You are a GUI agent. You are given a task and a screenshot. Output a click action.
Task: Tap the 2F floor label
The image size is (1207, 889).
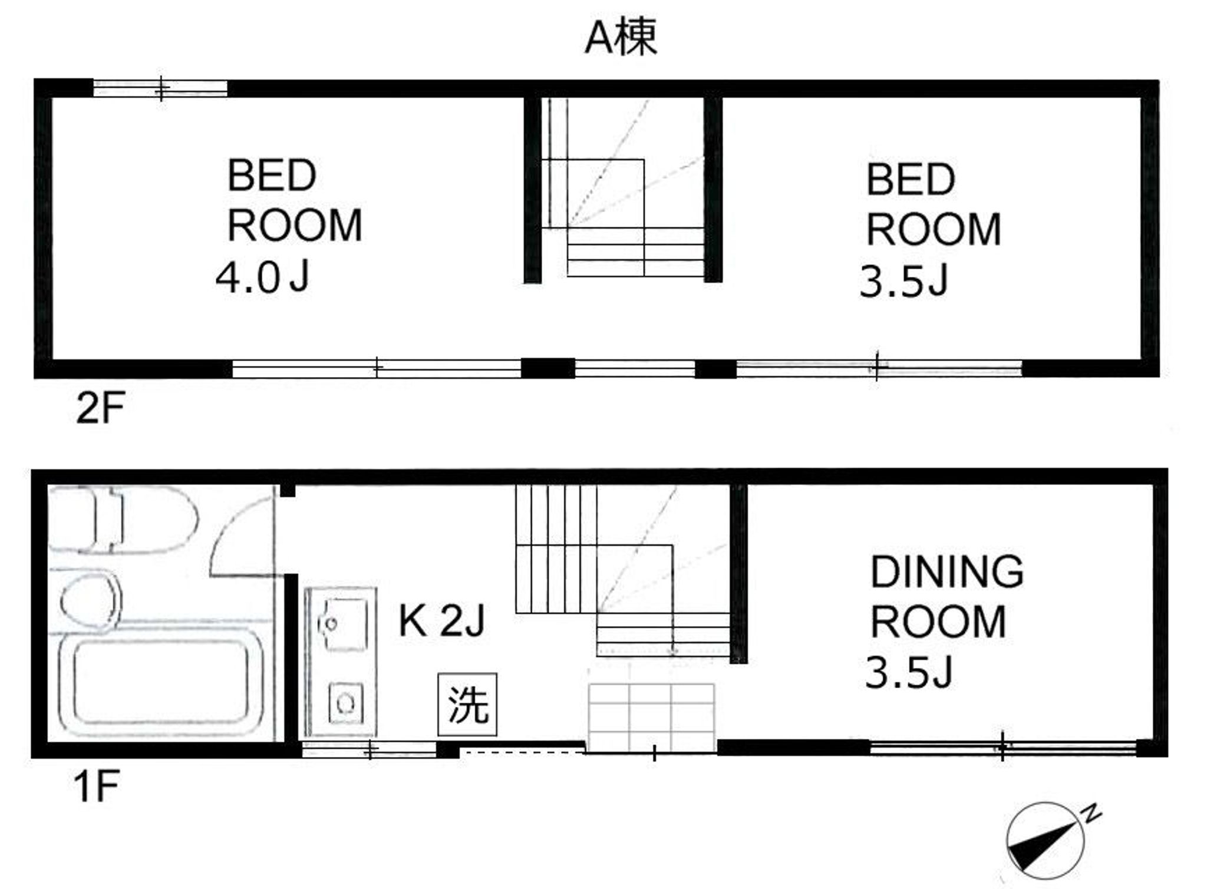(100, 408)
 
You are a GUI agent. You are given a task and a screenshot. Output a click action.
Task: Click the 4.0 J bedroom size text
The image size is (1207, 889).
(262, 278)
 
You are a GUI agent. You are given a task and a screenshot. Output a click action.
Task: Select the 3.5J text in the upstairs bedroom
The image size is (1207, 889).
(903, 282)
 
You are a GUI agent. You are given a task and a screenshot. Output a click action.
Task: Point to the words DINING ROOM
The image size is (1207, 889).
(946, 596)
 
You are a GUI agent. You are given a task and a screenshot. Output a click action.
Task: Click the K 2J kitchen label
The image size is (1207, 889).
(441, 621)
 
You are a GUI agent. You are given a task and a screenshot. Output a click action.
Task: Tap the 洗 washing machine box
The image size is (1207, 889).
(467, 705)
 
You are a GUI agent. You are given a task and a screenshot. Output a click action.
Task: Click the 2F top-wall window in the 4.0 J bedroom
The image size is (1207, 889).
(160, 89)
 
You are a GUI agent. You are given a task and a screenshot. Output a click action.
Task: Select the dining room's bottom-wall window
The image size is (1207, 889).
(1002, 748)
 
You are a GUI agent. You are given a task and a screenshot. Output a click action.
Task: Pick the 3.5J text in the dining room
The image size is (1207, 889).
(908, 673)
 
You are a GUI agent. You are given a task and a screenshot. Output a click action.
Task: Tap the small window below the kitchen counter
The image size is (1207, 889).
(369, 749)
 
